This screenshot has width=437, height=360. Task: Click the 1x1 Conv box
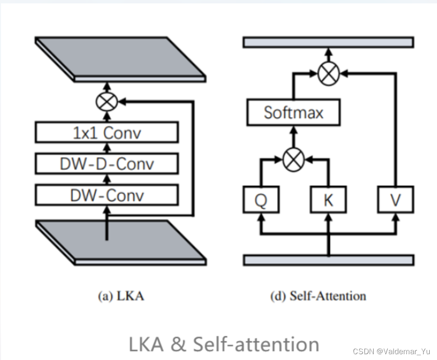point(107,132)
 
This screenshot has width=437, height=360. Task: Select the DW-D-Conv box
point(107,164)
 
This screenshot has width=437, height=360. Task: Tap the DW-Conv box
point(107,195)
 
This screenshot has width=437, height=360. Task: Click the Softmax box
point(293,113)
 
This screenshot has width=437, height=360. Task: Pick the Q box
point(261,199)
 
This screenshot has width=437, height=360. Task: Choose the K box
point(328,199)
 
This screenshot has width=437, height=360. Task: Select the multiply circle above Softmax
point(329,74)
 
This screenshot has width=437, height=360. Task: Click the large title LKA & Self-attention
point(224,344)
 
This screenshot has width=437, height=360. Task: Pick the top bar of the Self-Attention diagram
point(328,42)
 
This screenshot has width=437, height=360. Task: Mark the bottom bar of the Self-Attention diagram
point(328,260)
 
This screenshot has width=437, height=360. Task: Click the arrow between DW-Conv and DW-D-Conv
point(107,180)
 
